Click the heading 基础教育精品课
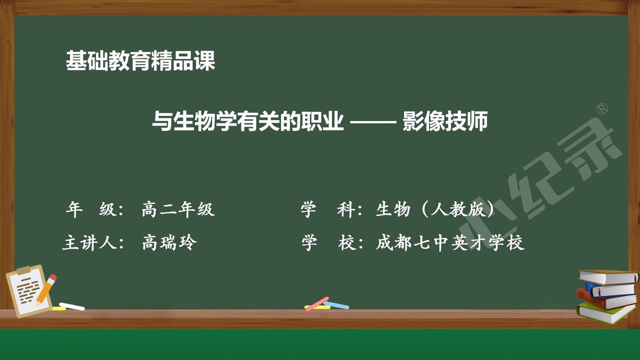click(140, 61)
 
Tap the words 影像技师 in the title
click(445, 121)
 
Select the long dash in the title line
click(373, 122)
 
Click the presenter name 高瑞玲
click(169, 243)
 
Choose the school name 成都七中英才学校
click(450, 243)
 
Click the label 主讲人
click(90, 243)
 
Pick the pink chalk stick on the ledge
click(317, 304)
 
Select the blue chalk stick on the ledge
click(336, 305)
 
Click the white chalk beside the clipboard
click(72, 307)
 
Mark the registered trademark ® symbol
click(602, 109)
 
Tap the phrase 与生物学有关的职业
click(248, 121)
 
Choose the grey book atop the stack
click(609, 277)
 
